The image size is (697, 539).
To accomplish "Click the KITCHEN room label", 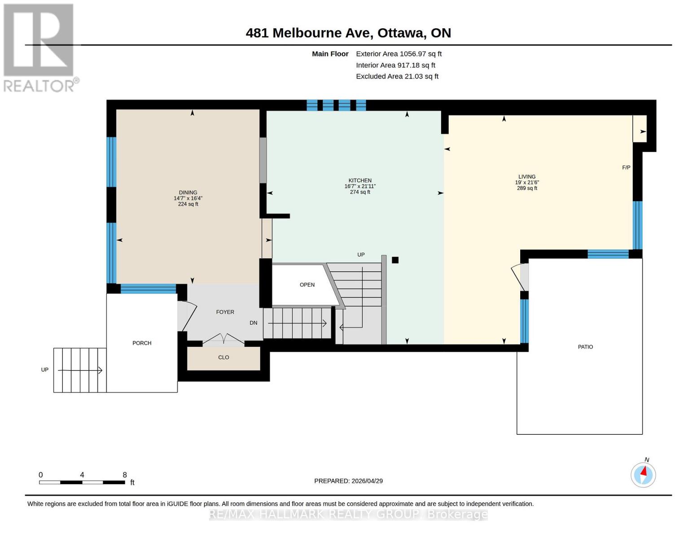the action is [x=360, y=181].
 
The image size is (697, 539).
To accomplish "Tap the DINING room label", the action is [x=188, y=193].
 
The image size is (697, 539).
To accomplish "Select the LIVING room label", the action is [x=527, y=177].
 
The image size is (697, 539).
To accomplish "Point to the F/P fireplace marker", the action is [x=626, y=167].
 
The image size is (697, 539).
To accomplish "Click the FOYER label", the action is [x=225, y=312].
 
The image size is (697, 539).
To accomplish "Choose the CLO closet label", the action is [x=224, y=357].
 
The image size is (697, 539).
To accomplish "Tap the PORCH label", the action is [x=142, y=343].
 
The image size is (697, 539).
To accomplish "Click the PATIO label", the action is [x=585, y=347].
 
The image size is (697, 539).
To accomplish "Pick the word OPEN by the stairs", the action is [x=307, y=285].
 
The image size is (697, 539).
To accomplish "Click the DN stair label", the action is [x=254, y=323].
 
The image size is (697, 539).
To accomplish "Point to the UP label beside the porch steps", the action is [x=44, y=370].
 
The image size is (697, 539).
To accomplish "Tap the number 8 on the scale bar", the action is [x=125, y=475].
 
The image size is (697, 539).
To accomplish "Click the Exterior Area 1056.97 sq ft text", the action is [x=399, y=54].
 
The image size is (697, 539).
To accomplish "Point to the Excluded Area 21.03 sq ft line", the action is [x=397, y=76].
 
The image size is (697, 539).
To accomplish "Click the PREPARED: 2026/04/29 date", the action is [x=348, y=481].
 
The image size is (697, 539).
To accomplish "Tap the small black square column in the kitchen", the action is [x=395, y=260].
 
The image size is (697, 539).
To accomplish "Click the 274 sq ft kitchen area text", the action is [x=360, y=192].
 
